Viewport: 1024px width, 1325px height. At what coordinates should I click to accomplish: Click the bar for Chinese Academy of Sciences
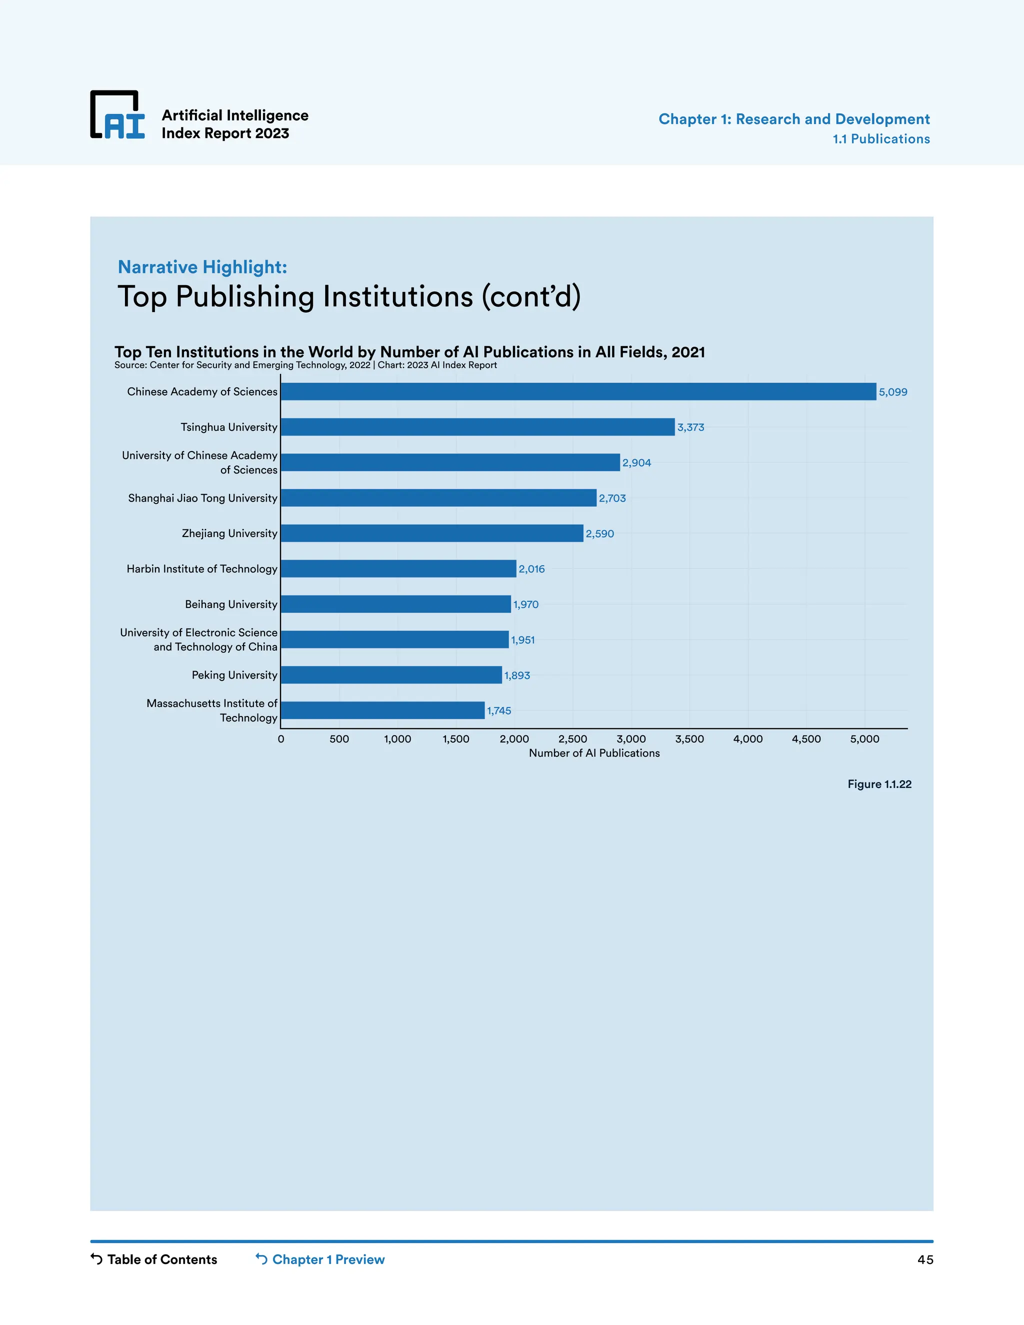coord(578,391)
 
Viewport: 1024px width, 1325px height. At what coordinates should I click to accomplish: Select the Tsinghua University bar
coord(477,427)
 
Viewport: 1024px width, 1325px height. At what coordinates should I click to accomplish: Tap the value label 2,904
coord(636,463)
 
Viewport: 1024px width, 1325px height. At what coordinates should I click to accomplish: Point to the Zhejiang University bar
coord(432,533)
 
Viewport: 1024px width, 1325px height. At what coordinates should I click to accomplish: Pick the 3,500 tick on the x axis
coord(689,739)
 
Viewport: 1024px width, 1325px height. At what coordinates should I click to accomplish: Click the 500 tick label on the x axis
coord(339,739)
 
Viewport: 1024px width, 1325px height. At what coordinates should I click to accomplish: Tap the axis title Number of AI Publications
coord(594,753)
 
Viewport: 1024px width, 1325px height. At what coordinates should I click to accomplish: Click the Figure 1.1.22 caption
coord(879,784)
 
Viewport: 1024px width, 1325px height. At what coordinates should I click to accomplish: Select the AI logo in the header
coord(117,115)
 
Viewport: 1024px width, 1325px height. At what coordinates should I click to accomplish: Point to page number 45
coord(924,1260)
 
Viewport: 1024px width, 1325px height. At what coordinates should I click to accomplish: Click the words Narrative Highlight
coord(202,267)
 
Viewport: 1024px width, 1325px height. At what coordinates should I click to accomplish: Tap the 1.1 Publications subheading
coord(881,139)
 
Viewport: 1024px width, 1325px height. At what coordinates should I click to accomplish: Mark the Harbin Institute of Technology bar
coord(398,568)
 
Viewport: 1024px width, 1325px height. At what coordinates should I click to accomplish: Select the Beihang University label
coord(230,604)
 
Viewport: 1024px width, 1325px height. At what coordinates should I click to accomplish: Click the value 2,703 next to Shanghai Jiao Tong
coord(612,498)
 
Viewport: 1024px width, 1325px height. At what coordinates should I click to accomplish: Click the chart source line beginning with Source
coord(305,365)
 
